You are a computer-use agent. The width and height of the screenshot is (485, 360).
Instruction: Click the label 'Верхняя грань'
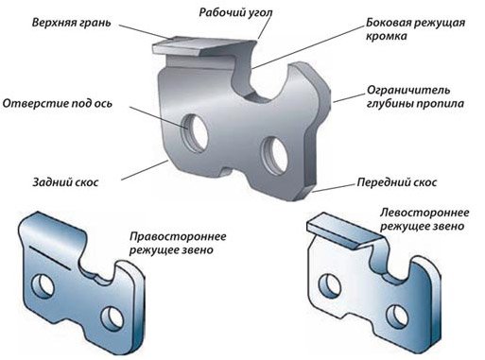[72, 23]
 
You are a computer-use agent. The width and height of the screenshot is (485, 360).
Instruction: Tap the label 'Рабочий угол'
[236, 12]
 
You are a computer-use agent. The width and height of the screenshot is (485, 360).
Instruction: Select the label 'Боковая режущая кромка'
[415, 29]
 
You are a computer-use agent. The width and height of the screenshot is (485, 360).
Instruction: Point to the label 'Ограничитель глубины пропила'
[415, 96]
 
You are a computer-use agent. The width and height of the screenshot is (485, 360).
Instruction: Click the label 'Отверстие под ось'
[57, 104]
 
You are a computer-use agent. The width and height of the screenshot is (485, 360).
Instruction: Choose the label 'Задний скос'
[65, 182]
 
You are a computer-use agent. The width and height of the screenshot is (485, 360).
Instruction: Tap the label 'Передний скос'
[397, 182]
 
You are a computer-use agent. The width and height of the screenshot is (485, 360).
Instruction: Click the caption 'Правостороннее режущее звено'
[178, 243]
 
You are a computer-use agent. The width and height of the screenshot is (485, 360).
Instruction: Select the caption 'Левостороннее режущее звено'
[424, 219]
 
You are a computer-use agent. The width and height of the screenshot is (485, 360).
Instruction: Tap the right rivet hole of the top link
[275, 155]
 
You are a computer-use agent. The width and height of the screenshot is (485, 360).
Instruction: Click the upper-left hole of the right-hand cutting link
[43, 286]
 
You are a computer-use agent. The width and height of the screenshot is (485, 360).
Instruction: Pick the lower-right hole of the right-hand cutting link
[113, 317]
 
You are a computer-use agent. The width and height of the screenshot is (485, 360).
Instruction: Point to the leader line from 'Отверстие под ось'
[159, 117]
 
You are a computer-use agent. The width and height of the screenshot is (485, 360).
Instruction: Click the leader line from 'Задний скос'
[145, 170]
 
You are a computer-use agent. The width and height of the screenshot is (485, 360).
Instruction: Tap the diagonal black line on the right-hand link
[50, 257]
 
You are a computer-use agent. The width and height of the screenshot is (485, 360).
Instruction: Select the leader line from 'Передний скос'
[334, 188]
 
